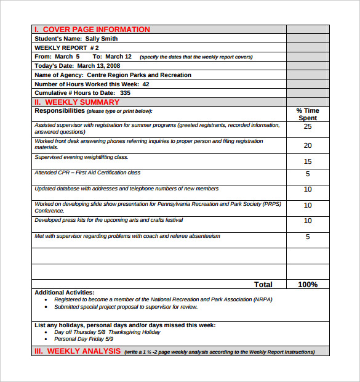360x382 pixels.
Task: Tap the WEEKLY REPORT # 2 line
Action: [x=66, y=47]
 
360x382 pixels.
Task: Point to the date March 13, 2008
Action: [x=99, y=66]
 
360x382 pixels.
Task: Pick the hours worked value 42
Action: [x=146, y=84]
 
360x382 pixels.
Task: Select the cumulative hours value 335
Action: [x=126, y=93]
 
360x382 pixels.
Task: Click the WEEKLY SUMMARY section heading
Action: [x=82, y=102]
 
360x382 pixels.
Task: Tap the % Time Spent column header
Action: [x=308, y=114]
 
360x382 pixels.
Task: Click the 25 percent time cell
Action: [x=308, y=126]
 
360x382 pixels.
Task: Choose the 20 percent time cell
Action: [x=308, y=145]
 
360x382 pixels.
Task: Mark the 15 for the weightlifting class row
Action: [x=308, y=161]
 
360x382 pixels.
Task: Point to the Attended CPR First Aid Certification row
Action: [x=87, y=173]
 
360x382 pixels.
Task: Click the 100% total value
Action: [x=308, y=285]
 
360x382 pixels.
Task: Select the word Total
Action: [x=263, y=285]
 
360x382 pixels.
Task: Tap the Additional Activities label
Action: [x=65, y=293]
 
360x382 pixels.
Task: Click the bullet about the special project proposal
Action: [x=126, y=307]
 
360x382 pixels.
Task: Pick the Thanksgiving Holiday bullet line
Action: [x=107, y=332]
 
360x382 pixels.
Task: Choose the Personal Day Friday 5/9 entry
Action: [x=84, y=339]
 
